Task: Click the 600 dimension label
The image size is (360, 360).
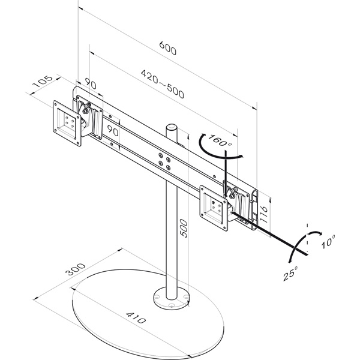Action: pos(168,48)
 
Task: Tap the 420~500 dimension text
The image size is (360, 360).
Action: pos(163,84)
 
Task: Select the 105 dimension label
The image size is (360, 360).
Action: pos(43,82)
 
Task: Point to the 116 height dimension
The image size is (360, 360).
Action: pos(264,214)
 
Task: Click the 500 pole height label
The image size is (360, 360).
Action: pos(184,228)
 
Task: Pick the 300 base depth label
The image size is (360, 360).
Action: pos(76,269)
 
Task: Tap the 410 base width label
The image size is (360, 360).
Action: pos(136,317)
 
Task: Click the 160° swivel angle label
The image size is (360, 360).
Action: pos(220,140)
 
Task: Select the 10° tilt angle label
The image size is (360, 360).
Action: pos(328,241)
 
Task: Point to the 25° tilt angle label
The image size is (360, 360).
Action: pos(290,273)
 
